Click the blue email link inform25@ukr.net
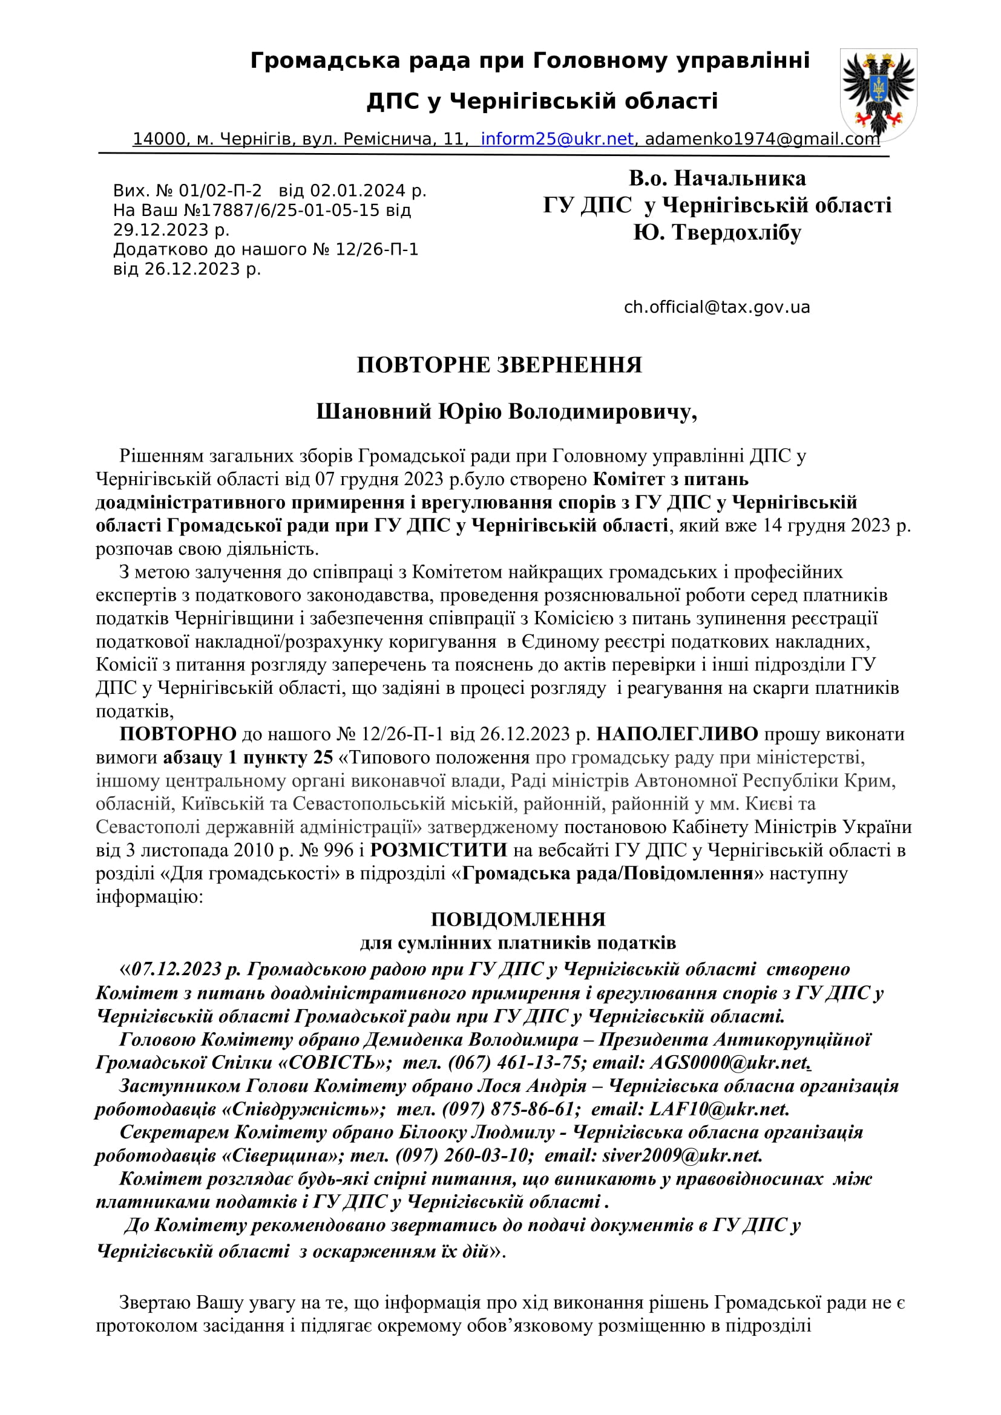tap(557, 139)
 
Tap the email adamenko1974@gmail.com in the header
tap(762, 139)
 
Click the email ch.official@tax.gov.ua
tap(716, 307)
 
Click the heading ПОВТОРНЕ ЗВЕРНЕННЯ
tap(499, 365)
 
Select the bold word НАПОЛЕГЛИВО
tap(677, 734)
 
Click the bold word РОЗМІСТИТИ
tap(438, 850)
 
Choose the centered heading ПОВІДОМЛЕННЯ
tap(518, 920)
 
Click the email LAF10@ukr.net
tap(718, 1109)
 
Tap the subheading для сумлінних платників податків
tap(518, 943)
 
